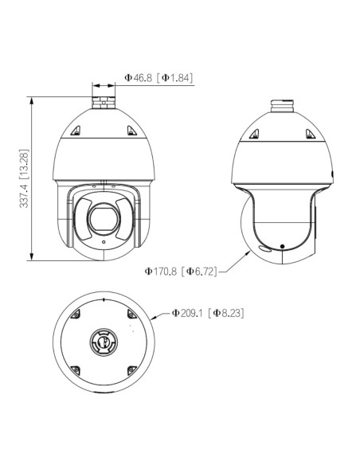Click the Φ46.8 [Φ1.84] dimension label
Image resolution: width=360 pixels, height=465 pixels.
point(158,78)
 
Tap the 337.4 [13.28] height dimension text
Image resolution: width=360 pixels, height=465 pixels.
point(24,178)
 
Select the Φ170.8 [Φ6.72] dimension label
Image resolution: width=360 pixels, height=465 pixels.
point(181,271)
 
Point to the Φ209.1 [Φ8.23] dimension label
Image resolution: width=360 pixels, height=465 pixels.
point(208,313)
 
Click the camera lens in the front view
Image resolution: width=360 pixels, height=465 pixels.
point(104,219)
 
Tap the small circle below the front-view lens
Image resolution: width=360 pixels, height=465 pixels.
point(104,242)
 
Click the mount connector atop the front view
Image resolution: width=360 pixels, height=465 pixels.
point(104,102)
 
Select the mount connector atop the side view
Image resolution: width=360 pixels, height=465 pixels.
point(282,106)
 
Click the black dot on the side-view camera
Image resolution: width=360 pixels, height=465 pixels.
point(282,246)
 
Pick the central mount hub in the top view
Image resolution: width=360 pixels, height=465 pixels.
point(104,342)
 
